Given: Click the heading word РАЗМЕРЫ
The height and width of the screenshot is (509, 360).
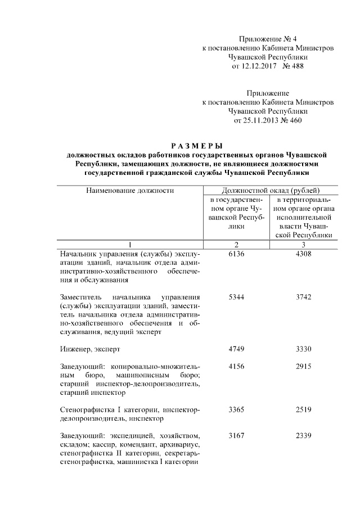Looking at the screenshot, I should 196,146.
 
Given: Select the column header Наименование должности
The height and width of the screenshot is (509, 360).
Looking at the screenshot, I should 130,190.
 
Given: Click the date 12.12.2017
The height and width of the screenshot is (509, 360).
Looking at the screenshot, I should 252,66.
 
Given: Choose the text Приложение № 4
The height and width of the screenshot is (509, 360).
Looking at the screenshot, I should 268,39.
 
